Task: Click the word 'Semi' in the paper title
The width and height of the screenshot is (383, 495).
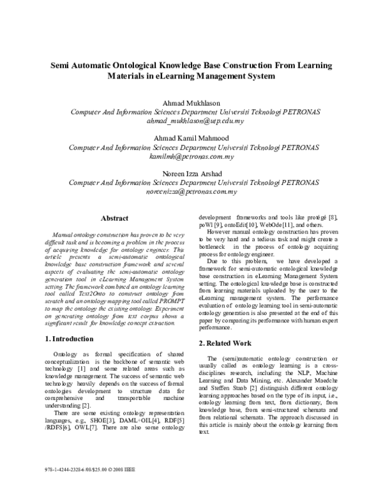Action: click(63, 65)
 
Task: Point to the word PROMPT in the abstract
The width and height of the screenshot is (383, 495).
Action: click(173, 300)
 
